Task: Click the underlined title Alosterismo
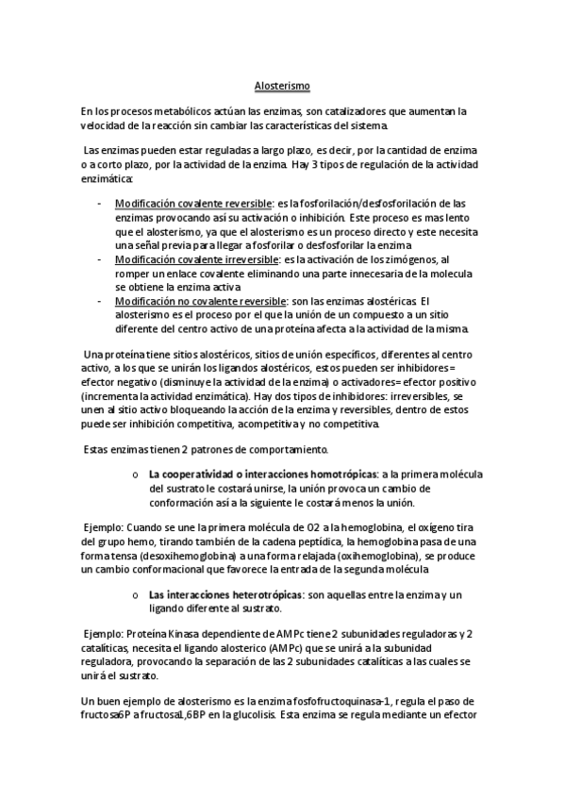click(282, 85)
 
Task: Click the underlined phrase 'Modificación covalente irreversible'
click(196, 258)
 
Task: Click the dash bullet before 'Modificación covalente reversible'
click(101, 203)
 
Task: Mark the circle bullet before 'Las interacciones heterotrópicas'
click(137, 594)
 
